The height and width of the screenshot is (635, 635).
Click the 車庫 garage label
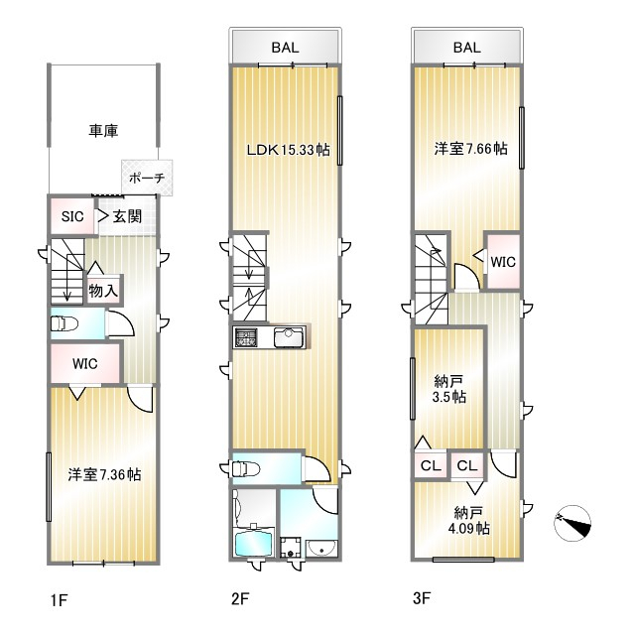coord(103,131)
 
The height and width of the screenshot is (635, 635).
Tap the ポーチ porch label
coord(147,178)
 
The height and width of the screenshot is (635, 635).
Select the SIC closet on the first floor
coord(72,216)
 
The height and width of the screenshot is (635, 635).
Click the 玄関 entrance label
coord(127,216)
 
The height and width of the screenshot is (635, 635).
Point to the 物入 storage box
coord(103,290)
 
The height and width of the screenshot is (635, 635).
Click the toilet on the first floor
coord(63,323)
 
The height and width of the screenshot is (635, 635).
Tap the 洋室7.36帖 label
coord(104,474)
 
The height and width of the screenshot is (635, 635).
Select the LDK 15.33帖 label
coord(289,150)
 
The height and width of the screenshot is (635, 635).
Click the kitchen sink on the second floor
coord(289,337)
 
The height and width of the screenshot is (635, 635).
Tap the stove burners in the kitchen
coord(245,337)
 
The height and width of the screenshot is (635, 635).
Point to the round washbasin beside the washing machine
coord(320,549)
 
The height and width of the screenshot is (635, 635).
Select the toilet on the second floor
coord(246,469)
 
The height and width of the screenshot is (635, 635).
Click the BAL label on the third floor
coord(467,48)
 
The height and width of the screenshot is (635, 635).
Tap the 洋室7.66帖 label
coord(470,149)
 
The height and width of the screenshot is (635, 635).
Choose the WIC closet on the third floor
coord(503,261)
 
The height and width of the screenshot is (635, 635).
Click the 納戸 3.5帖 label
coord(448,389)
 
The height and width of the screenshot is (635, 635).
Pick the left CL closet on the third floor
coord(431,465)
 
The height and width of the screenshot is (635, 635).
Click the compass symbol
coord(572,523)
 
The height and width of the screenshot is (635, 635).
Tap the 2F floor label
coord(240,598)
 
